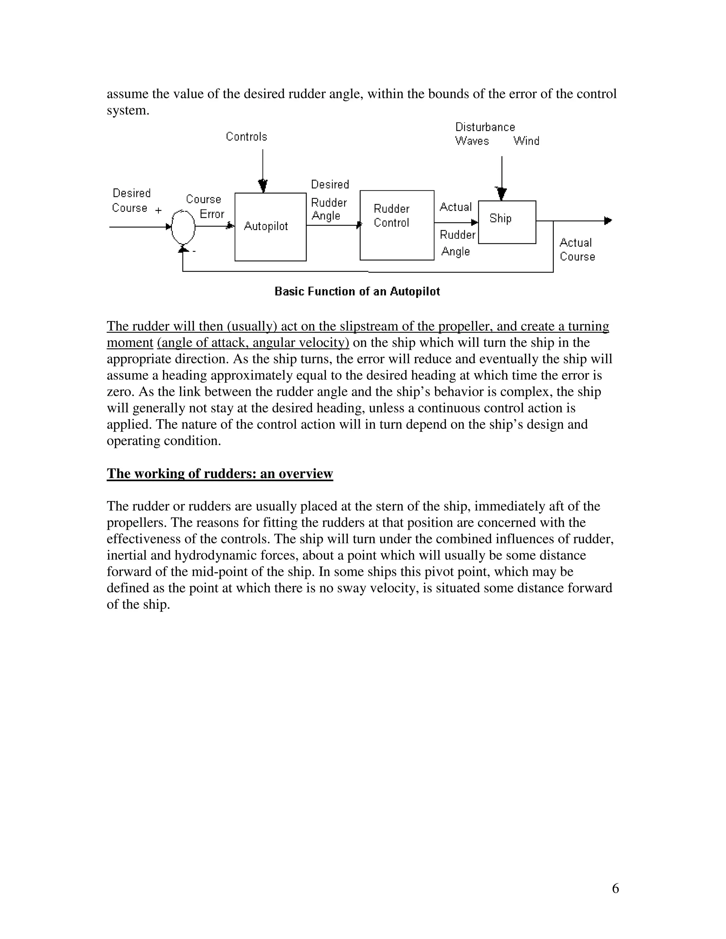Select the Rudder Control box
pos(397,225)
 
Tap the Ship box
pos(507,222)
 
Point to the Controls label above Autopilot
pos(246,137)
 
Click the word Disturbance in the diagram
pos(485,127)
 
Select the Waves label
pos(472,141)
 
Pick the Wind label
pos(526,141)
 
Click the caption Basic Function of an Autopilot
pos(357,292)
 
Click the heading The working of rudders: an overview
pos(220,473)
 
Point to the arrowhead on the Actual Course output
pos(608,221)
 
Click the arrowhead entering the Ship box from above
pos(502,194)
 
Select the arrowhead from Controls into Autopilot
pos(263,186)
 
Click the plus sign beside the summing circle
pos(158,211)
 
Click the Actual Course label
pos(577,250)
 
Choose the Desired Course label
pos(131,200)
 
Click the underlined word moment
pos(130,343)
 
